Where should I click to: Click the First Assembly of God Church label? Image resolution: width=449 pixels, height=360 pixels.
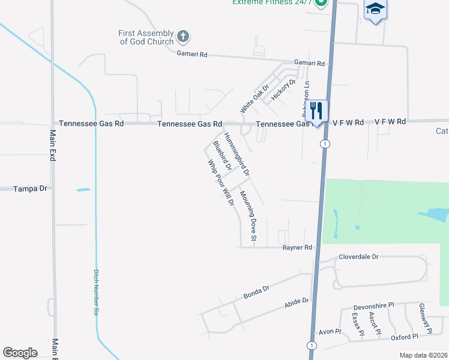(146, 37)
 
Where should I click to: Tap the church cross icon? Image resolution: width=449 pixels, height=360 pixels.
(184, 37)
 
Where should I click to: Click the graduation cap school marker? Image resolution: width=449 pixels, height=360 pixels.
(375, 9)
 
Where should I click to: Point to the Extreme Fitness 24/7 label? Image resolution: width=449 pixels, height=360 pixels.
(273, 2)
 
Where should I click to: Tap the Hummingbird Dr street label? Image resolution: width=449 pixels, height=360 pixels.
(237, 154)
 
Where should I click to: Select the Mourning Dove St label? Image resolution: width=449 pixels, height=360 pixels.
(248, 218)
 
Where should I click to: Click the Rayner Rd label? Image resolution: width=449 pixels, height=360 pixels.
(298, 247)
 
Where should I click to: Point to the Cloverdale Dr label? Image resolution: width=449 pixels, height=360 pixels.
(358, 256)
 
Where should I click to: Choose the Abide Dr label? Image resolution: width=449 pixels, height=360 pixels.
(297, 304)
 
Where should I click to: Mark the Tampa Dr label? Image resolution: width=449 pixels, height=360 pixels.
(30, 188)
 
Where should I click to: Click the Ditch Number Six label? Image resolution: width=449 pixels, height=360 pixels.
(95, 292)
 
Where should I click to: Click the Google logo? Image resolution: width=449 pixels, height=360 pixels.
(20, 353)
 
